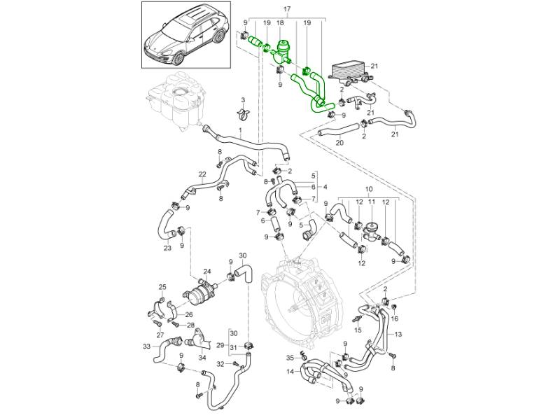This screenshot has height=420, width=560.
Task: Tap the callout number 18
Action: click(x=280, y=23)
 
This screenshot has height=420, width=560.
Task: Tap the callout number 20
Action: click(x=339, y=143)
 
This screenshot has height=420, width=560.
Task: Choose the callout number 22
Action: click(x=202, y=174)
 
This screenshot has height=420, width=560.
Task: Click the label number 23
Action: click(x=167, y=248)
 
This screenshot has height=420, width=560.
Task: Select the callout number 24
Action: click(x=206, y=272)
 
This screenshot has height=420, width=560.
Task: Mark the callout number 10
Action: click(x=369, y=189)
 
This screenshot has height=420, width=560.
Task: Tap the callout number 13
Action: click(x=398, y=335)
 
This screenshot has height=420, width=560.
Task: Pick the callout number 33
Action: click(x=146, y=346)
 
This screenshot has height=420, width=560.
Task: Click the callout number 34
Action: click(x=202, y=358)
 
